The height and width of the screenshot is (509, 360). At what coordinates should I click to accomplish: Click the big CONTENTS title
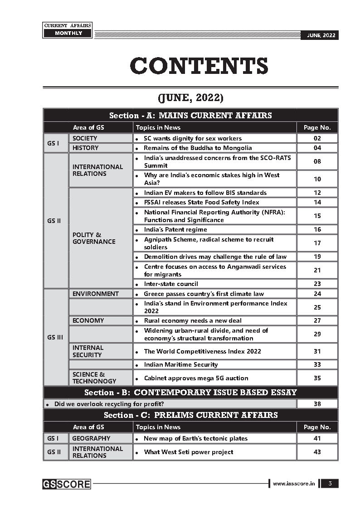pyautogui.click(x=199, y=66)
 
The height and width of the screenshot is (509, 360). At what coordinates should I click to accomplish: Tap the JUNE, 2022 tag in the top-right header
pyautogui.click(x=319, y=35)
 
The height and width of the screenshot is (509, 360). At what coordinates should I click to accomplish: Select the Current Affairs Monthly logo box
pyautogui.click(x=67, y=30)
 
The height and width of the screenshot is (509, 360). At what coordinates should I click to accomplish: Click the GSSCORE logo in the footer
pyautogui.click(x=67, y=484)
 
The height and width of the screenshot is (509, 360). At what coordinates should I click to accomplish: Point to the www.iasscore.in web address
pyautogui.click(x=293, y=484)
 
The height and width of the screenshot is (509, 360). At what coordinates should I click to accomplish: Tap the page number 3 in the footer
pyautogui.click(x=330, y=484)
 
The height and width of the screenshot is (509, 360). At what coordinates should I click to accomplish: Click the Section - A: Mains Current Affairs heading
pyautogui.click(x=190, y=115)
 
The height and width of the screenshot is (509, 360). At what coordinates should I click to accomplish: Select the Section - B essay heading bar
pyautogui.click(x=190, y=393)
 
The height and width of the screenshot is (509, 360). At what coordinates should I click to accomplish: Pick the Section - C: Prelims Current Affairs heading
pyautogui.click(x=190, y=415)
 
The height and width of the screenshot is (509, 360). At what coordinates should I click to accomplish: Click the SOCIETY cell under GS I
pyautogui.click(x=85, y=138)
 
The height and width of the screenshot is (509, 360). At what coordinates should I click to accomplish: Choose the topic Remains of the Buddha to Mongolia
pyautogui.click(x=198, y=148)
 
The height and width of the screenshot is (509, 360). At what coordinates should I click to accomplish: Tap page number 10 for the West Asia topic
pyautogui.click(x=317, y=179)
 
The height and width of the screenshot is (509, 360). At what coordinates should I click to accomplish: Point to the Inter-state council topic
pyautogui.click(x=171, y=284)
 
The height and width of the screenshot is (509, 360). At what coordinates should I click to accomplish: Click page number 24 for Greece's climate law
pyautogui.click(x=317, y=294)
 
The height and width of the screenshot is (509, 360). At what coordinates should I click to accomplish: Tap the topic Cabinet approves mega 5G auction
pyautogui.click(x=196, y=378)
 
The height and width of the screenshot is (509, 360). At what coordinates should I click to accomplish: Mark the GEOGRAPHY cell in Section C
pyautogui.click(x=91, y=438)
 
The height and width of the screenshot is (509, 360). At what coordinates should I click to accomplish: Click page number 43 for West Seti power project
pyautogui.click(x=317, y=452)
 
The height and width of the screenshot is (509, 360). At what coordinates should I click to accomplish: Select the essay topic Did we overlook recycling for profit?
pyautogui.click(x=109, y=404)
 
